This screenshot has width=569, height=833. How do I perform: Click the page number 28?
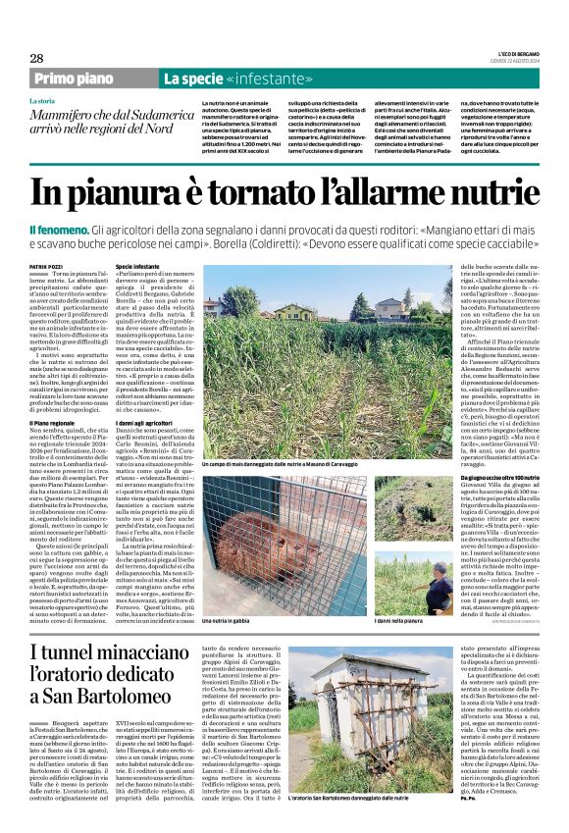[x=36, y=59]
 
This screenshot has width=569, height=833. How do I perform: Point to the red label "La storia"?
[x=42, y=101]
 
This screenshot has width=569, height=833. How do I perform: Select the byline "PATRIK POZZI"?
[x=47, y=265]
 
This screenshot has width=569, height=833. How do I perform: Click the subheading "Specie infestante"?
[x=136, y=266]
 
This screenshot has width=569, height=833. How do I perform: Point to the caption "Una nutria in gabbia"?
[x=227, y=593]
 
